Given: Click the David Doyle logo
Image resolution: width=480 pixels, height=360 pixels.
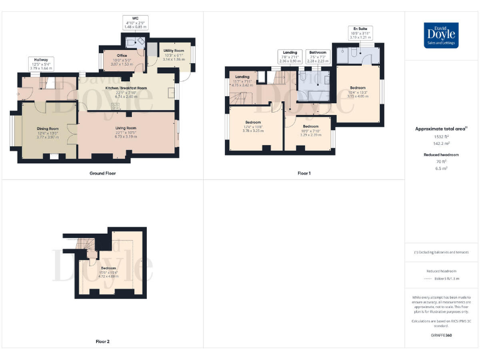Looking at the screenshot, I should tap(442, 35).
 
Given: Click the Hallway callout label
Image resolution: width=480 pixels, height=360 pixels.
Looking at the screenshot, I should tap(41, 62).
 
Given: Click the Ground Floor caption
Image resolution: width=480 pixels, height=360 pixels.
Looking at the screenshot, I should tap(102, 173).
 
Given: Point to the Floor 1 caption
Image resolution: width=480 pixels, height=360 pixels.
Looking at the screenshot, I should tap(304, 173).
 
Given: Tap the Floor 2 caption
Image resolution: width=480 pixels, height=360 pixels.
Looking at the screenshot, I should tap(102, 342).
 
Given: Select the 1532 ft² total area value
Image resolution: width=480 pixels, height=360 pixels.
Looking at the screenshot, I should tap(441, 136).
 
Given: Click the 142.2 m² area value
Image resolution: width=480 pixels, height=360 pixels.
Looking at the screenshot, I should tap(441, 143).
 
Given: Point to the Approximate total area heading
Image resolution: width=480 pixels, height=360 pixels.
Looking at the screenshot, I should tap(441, 129).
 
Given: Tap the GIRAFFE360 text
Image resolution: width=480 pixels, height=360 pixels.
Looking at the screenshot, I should tap(441, 336).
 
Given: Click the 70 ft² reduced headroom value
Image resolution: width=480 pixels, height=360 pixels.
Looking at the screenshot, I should tap(441, 162).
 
